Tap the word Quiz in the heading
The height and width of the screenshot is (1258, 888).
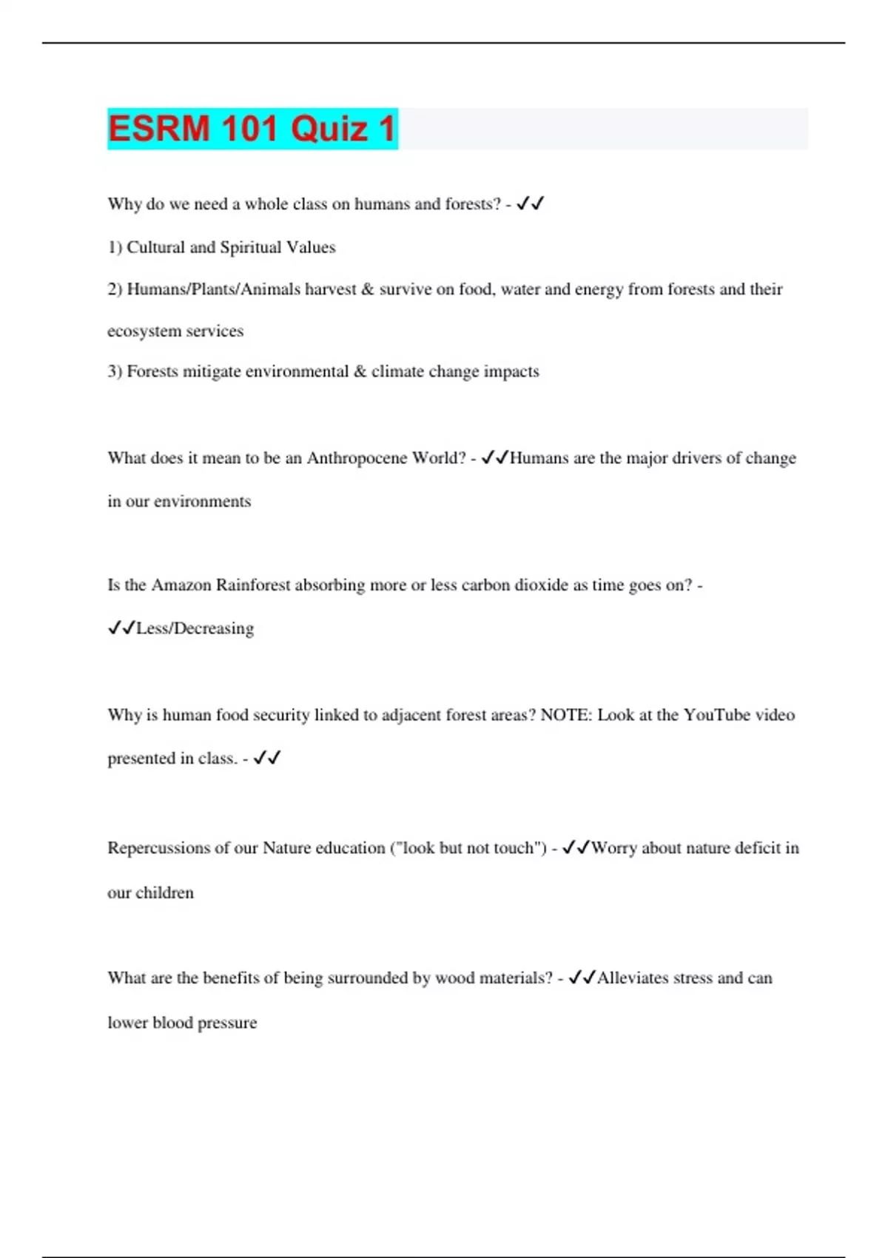click(329, 129)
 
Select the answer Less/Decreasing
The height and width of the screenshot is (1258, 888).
click(195, 628)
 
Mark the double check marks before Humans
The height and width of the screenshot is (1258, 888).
click(494, 458)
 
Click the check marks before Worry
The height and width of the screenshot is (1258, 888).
click(576, 848)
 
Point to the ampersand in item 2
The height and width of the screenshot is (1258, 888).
click(368, 289)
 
